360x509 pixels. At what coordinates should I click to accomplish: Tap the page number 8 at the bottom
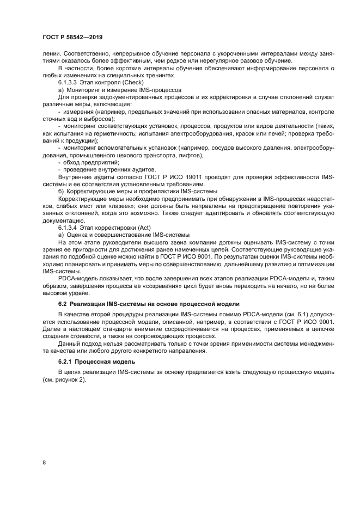click(x=44, y=462)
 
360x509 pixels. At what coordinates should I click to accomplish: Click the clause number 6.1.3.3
click(x=69, y=82)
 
